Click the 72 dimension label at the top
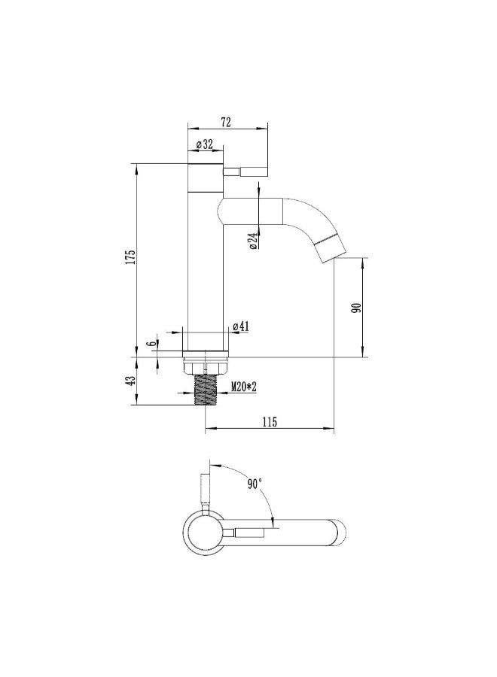point(226,122)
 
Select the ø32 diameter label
point(204,144)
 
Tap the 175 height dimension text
point(130,257)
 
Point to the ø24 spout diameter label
point(253,240)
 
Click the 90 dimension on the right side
point(356,308)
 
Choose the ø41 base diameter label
point(241,327)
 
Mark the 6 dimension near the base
point(151,344)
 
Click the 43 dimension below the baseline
point(130,381)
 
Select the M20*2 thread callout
point(244,387)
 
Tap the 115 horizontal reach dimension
point(270,422)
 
